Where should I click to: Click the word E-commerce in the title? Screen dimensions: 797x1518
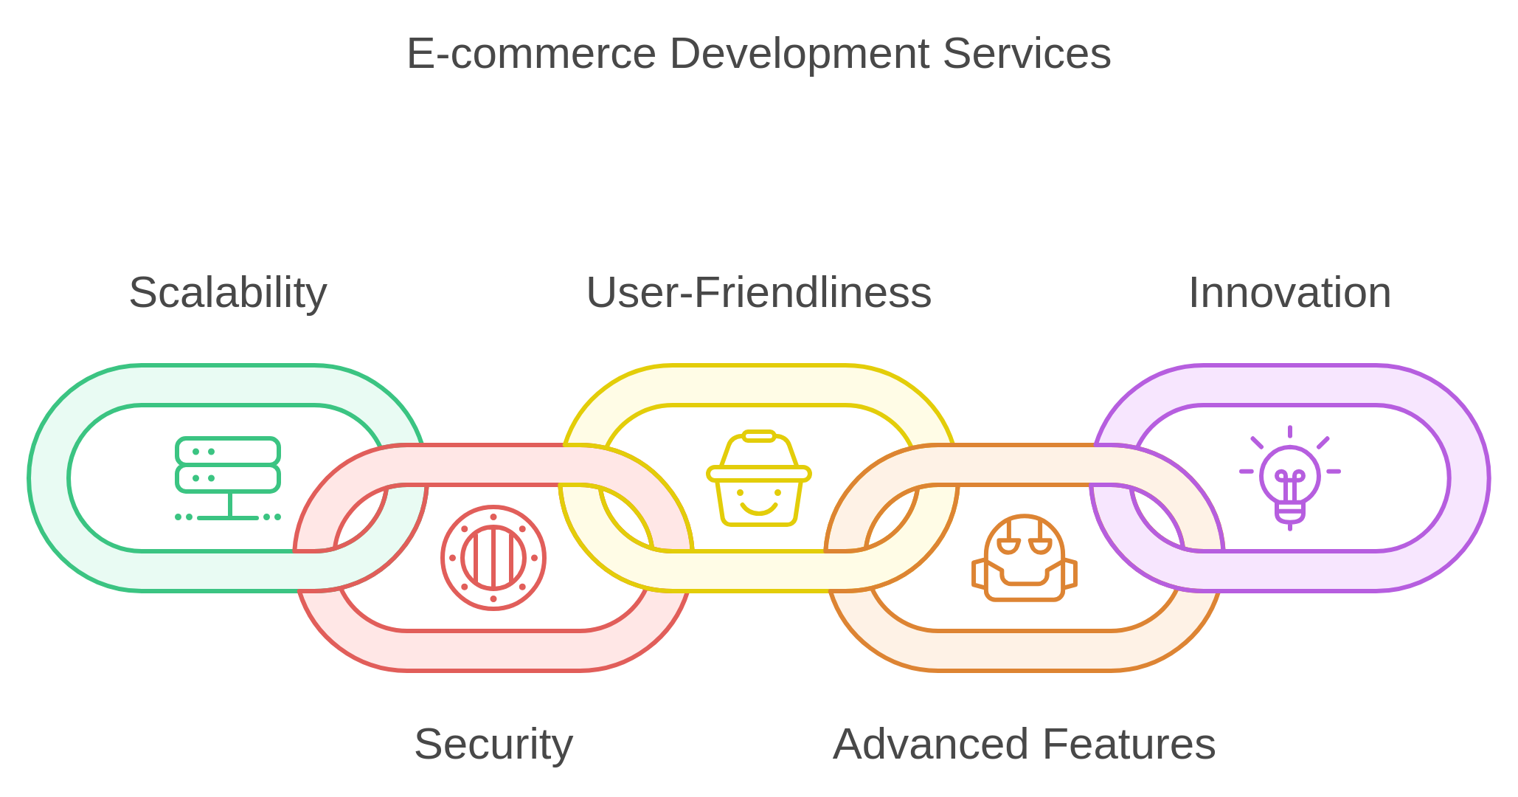click(x=531, y=54)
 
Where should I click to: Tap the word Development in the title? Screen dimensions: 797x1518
click(x=799, y=54)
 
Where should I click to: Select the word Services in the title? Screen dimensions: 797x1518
click(x=1026, y=54)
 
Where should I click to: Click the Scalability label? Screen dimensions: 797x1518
click(x=228, y=293)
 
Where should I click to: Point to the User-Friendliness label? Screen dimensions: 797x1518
click(x=758, y=293)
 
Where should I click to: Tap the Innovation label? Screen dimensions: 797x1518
click(x=1289, y=293)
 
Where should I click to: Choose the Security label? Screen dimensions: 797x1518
click(x=493, y=744)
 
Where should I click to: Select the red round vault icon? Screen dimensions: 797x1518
click(x=493, y=558)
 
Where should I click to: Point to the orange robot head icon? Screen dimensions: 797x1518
click(x=1024, y=558)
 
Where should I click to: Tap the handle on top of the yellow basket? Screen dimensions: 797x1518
click(x=758, y=436)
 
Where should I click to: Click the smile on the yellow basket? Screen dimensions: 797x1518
click(x=758, y=508)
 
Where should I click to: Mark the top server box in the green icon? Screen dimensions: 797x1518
click(x=228, y=451)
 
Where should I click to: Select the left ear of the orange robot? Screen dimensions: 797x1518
click(x=979, y=574)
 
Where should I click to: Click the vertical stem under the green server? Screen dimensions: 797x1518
click(x=230, y=504)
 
